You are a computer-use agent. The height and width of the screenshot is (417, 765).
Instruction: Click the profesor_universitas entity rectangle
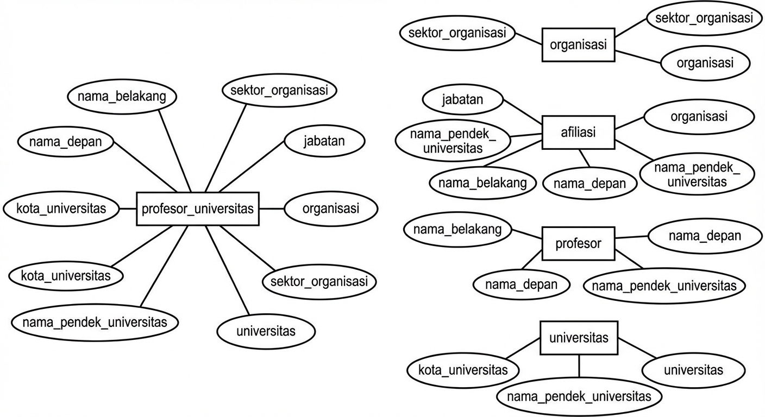(198, 208)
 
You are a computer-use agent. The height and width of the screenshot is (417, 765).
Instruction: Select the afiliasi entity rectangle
(578, 132)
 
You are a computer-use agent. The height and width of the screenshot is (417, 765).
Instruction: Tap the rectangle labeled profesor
(578, 243)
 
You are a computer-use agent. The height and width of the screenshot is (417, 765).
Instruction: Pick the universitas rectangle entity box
(579, 338)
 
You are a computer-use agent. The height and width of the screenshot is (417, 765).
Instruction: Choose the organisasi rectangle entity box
(578, 45)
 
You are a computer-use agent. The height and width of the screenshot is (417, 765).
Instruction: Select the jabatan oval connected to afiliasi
(463, 99)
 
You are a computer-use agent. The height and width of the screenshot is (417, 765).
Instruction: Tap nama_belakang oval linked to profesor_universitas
(122, 97)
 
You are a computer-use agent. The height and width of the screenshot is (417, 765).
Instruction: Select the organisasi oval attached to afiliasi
(699, 116)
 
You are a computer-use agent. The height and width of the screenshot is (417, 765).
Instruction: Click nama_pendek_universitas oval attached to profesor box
(664, 285)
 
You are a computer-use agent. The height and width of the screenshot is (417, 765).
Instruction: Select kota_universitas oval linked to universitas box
(463, 370)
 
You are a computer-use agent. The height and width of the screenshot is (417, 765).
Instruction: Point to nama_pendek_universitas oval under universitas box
(579, 396)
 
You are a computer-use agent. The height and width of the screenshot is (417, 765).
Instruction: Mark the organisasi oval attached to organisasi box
(705, 62)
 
